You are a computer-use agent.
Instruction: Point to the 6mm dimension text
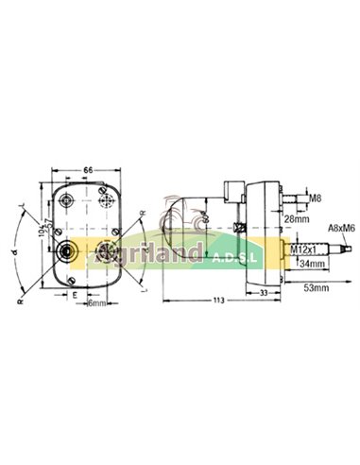(x=94, y=302)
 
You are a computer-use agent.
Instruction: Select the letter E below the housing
(x=75, y=294)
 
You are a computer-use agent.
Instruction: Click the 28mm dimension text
(x=295, y=218)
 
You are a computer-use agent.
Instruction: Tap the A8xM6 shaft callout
(x=340, y=228)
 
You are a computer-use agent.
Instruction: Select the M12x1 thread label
(x=302, y=249)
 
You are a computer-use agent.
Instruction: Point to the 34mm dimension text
(x=308, y=265)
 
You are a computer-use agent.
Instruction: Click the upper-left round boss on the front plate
(x=67, y=201)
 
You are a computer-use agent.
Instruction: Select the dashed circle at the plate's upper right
(x=105, y=198)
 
